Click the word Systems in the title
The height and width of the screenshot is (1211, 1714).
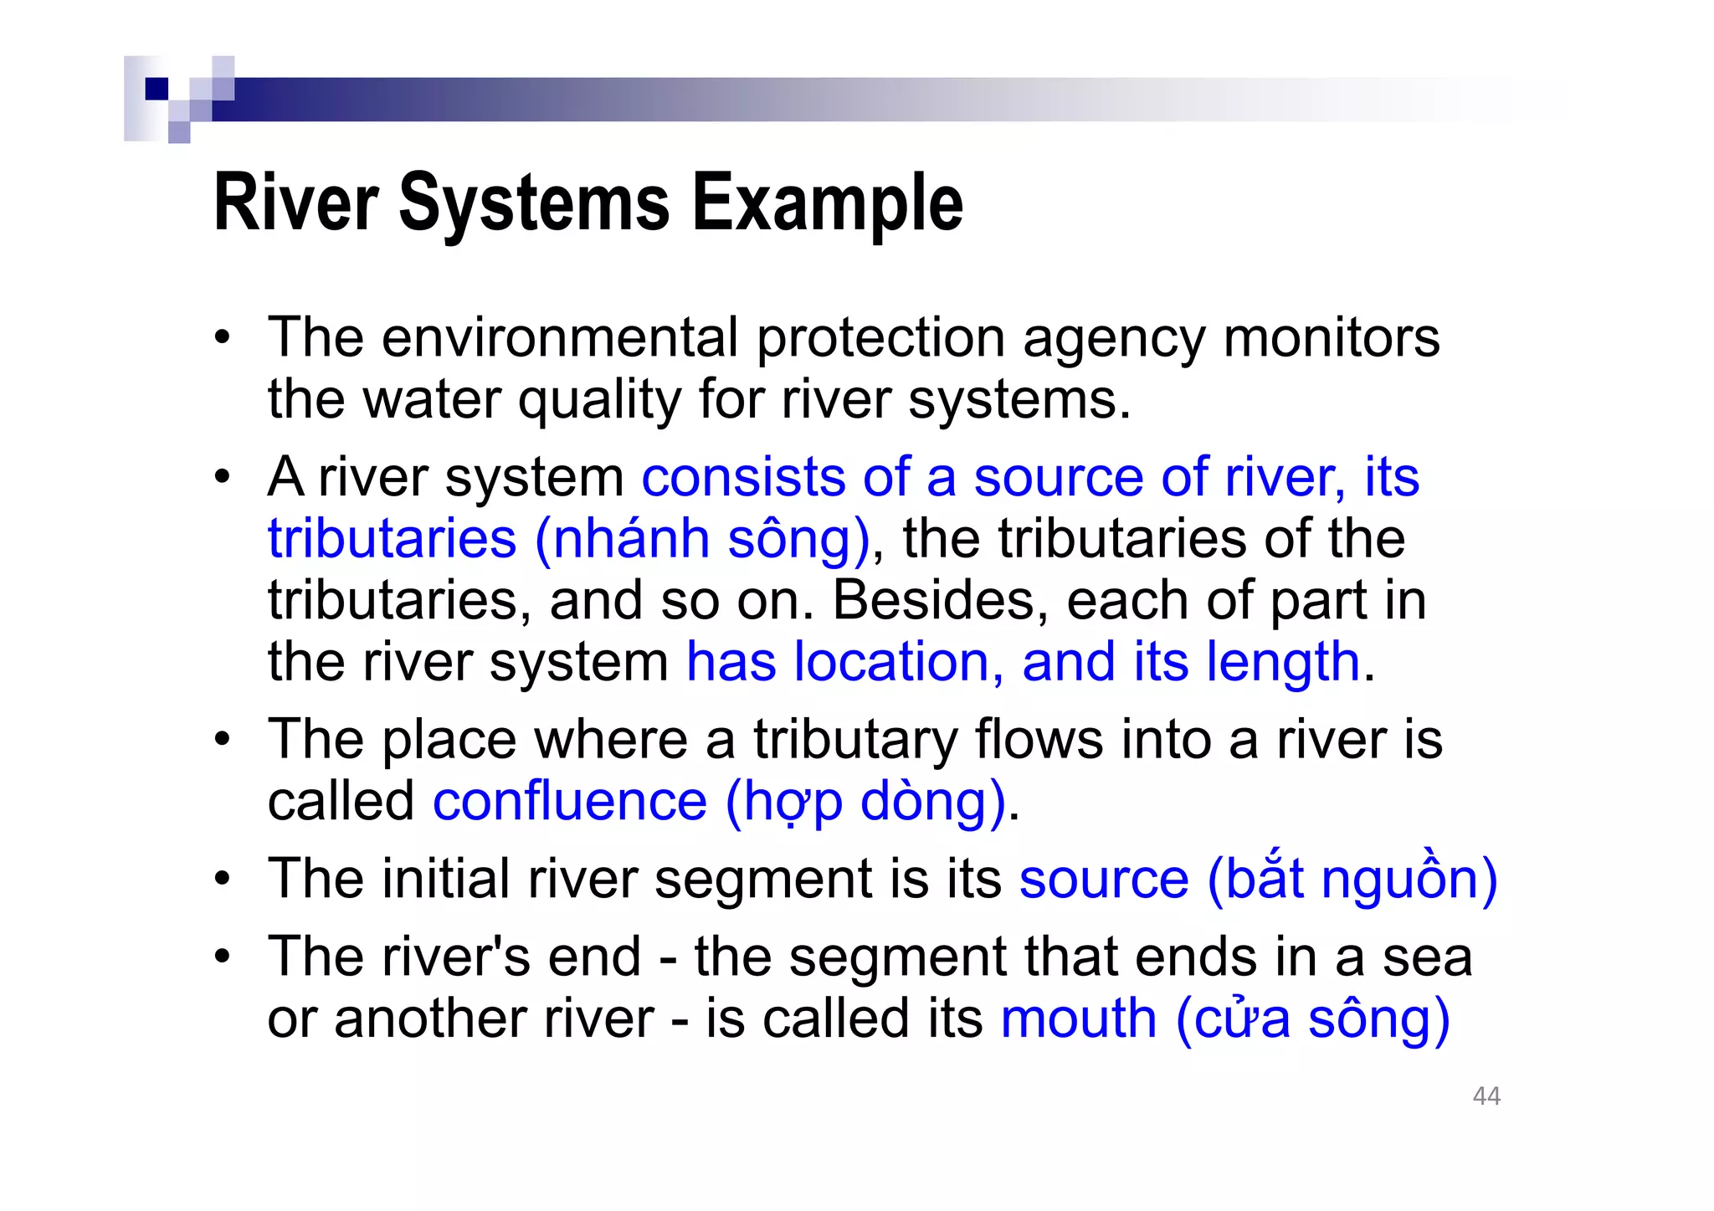[534, 203]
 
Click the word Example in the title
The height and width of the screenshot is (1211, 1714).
[828, 203]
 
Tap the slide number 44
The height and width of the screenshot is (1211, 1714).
[1486, 1096]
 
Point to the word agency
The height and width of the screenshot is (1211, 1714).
[1113, 339]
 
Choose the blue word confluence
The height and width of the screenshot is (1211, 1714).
[570, 801]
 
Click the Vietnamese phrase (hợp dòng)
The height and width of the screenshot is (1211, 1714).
[865, 803]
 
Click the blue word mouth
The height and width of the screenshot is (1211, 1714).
[1078, 1019]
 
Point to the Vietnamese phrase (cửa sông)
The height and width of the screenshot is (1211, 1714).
[1312, 1019]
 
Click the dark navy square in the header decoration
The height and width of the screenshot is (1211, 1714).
[157, 89]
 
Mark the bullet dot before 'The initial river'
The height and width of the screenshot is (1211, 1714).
[221, 880]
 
